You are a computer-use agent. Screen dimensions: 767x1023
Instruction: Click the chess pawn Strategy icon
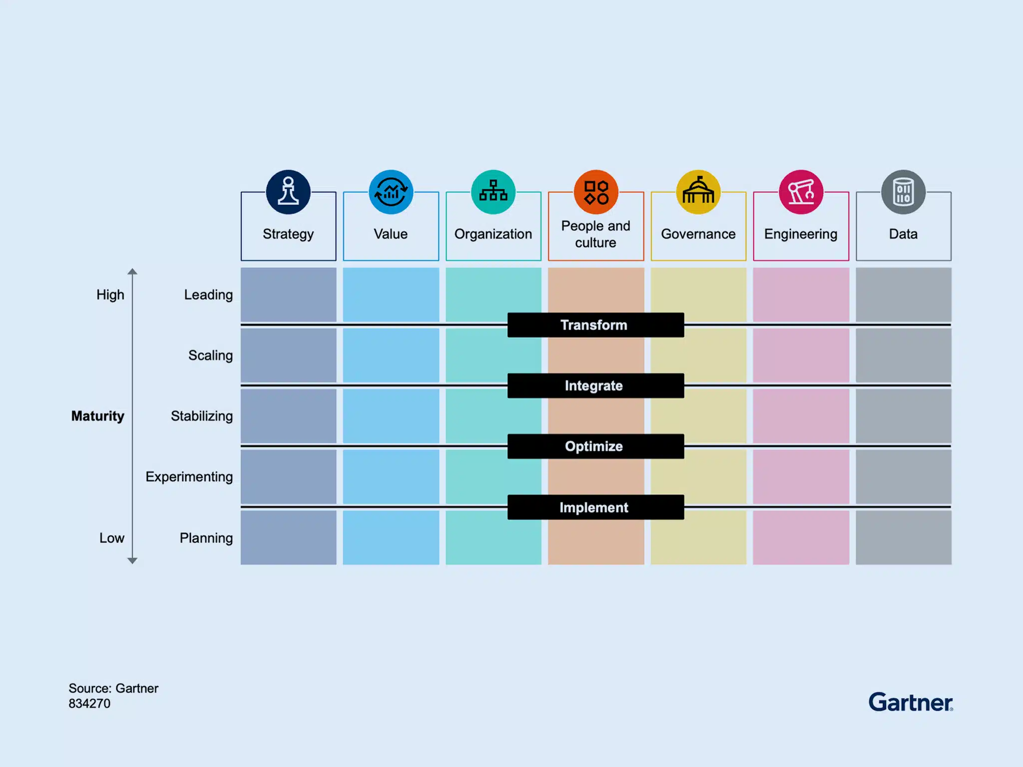pos(288,192)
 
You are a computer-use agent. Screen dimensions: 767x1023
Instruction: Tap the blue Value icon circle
pos(391,192)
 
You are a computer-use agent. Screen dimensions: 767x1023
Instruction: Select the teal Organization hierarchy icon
pos(493,192)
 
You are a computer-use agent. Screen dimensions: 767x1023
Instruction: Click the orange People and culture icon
pos(595,192)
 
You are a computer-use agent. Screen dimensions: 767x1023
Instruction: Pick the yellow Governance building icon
pos(698,192)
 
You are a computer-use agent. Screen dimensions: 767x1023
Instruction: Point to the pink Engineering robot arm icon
pos(801,192)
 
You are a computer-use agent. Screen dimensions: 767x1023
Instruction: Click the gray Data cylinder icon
pos(903,192)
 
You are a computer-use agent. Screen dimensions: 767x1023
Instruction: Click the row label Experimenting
pos(189,477)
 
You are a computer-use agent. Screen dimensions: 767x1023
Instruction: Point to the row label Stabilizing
pos(201,416)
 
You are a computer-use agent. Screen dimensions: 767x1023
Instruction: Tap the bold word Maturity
pos(97,416)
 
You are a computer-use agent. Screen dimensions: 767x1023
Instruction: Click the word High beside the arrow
pos(110,295)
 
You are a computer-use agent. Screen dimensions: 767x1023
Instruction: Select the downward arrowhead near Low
pos(132,560)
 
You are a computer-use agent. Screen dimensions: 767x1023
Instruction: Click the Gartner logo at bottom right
pos(910,703)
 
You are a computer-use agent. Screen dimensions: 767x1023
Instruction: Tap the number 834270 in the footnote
pos(89,704)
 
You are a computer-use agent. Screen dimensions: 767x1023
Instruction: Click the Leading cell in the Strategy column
pos(288,295)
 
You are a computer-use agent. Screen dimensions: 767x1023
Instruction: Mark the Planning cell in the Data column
pos(903,538)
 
